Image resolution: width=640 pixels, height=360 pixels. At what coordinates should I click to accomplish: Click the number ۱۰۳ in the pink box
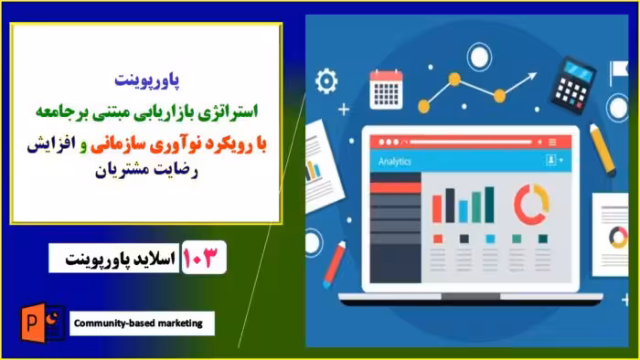click(204, 258)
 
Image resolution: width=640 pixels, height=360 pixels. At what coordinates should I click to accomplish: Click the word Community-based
click(113, 323)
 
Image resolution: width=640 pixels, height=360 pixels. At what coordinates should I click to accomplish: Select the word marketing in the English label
click(182, 323)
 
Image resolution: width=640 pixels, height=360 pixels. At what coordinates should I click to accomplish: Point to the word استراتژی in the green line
click(223, 111)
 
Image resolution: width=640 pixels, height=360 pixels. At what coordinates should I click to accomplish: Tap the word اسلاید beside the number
click(146, 259)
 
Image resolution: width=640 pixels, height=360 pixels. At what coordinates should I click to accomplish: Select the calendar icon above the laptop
click(386, 89)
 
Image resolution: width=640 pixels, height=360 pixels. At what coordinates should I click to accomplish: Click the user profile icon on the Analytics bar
click(553, 161)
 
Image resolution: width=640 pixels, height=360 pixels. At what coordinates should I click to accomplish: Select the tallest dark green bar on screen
click(489, 205)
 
